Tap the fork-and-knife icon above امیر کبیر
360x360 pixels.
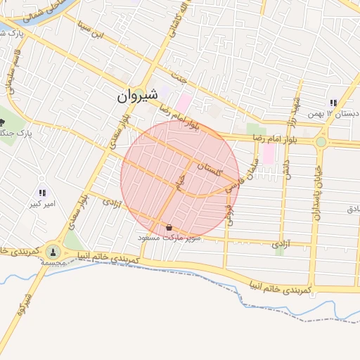coord(42,192)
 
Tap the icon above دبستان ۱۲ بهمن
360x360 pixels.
coord(333,103)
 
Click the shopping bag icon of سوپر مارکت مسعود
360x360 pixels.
coord(169,227)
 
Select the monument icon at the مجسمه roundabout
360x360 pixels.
coord(53,251)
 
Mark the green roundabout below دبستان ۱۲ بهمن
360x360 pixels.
coord(321,141)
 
